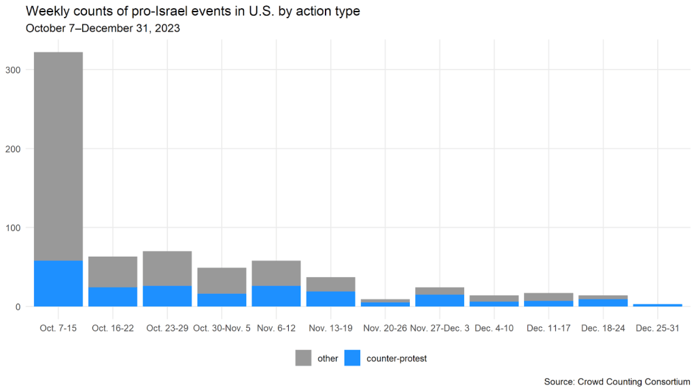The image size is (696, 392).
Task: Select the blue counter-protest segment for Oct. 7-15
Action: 58,283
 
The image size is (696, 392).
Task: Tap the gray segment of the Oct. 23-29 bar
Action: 167,268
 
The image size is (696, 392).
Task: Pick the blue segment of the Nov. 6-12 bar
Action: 276,296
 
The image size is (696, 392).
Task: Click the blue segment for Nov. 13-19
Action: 330,299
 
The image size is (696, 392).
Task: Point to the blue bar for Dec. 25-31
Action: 657,305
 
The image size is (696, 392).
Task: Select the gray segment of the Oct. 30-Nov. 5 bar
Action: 222,280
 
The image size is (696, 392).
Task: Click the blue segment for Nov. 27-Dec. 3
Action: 440,300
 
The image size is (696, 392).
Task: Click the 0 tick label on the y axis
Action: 20,307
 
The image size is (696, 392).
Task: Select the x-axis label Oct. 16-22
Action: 113,328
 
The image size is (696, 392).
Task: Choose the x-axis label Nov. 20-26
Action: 385,328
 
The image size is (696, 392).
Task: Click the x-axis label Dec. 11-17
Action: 549,328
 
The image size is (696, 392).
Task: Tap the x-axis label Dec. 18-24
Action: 603,328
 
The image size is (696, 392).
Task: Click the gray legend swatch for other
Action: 303,358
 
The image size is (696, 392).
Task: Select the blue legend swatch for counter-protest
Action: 352,358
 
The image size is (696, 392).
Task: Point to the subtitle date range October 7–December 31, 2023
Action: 103,29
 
